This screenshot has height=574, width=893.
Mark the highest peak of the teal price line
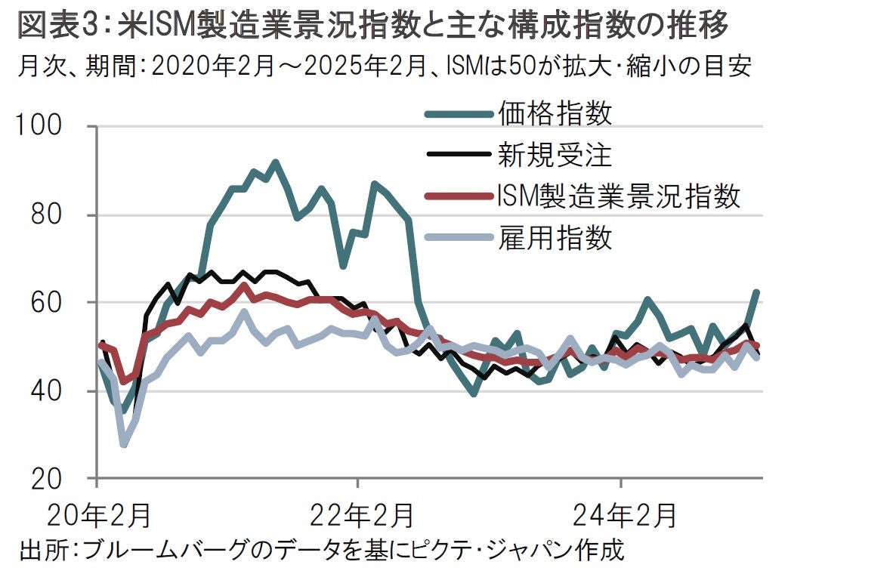click(x=275, y=162)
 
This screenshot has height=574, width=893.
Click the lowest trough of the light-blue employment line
click(x=123, y=444)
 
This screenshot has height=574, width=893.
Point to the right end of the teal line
click(x=757, y=292)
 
